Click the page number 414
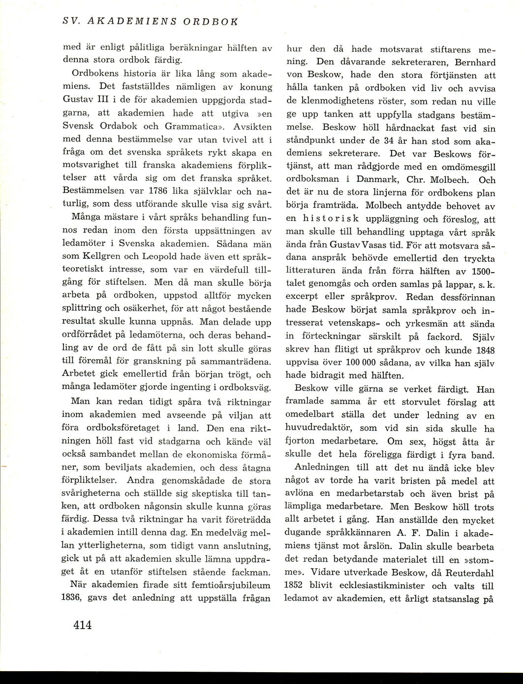click(x=83, y=625)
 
